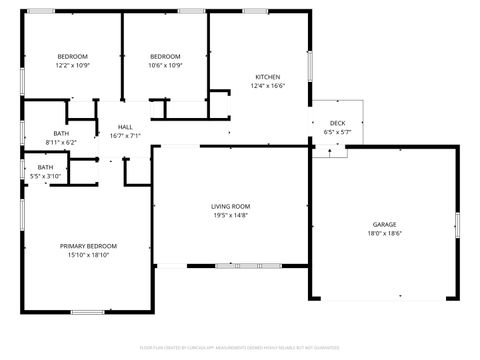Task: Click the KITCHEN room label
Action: pos(267,77)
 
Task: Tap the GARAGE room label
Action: pos(385,225)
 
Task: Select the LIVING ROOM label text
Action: pos(230,206)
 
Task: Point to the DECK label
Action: pos(337,123)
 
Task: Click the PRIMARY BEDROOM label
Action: pos(88,246)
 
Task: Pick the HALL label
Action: pos(125,127)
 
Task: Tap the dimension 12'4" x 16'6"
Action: pos(267,86)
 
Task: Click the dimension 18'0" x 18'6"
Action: pos(385,234)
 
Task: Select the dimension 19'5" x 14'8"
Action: pos(230,215)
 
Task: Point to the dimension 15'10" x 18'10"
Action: pos(88,255)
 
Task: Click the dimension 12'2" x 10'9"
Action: pos(72,65)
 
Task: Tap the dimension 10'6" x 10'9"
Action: pos(165,65)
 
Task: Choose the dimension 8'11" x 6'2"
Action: pos(61,142)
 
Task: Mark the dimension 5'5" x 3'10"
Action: pos(46,176)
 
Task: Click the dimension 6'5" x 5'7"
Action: pos(337,132)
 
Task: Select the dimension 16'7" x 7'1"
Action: pos(125,136)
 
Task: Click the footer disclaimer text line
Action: pos(240,350)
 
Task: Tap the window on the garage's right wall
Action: pos(456,225)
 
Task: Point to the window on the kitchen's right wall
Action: pos(309,65)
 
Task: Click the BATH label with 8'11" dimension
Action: pos(61,133)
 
